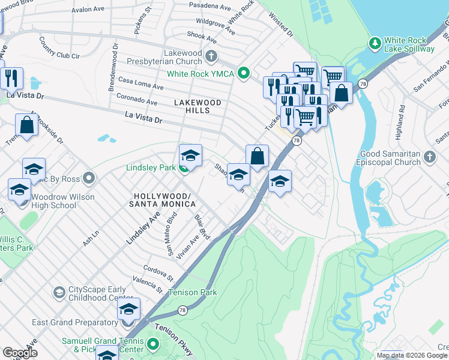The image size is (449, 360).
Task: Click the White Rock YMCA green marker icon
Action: tap(243, 74)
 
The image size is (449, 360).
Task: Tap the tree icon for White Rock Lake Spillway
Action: tap(375, 43)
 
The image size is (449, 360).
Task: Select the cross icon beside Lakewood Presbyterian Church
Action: tap(211, 56)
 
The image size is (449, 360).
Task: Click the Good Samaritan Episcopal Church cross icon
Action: tap(429, 157)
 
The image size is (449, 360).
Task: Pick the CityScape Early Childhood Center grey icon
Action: tap(59, 292)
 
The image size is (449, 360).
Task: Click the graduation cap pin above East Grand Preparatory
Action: tap(128, 309)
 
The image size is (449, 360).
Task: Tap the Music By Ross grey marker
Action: tap(89, 178)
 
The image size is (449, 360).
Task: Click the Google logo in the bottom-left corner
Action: tap(20, 353)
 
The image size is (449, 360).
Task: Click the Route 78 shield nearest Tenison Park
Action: tap(182, 310)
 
